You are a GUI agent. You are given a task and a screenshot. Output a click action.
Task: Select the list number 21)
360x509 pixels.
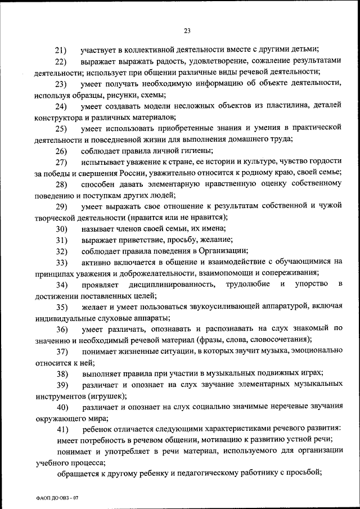point(61,50)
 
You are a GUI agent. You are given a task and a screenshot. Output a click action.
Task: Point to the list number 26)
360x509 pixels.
point(61,151)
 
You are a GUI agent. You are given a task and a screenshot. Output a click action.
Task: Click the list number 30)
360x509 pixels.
point(61,229)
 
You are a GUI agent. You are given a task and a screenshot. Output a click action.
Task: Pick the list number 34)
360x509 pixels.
point(61,286)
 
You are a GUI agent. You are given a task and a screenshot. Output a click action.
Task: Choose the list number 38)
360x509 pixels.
point(61,373)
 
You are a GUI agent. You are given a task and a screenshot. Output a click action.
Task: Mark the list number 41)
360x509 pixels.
point(61,430)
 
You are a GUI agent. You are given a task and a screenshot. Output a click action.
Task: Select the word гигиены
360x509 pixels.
point(196,151)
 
